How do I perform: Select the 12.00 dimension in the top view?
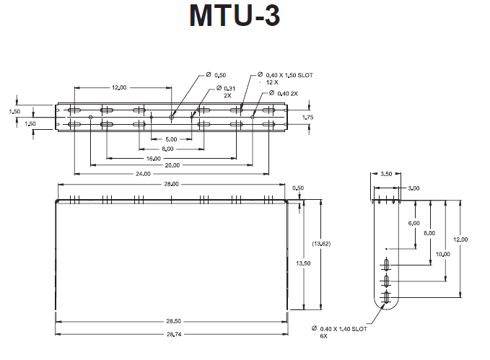click(x=119, y=87)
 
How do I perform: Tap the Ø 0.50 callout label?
click(x=216, y=75)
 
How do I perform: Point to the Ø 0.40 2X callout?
click(x=286, y=93)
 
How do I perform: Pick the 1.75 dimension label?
click(x=307, y=117)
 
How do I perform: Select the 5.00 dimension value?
click(x=171, y=139)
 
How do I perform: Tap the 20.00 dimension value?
click(x=172, y=165)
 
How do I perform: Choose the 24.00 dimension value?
click(x=143, y=174)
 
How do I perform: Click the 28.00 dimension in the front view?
click(x=170, y=185)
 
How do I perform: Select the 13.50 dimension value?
click(x=303, y=264)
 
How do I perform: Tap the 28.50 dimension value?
click(x=171, y=321)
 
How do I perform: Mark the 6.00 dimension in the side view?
click(x=414, y=224)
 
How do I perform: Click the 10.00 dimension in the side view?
click(x=443, y=254)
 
